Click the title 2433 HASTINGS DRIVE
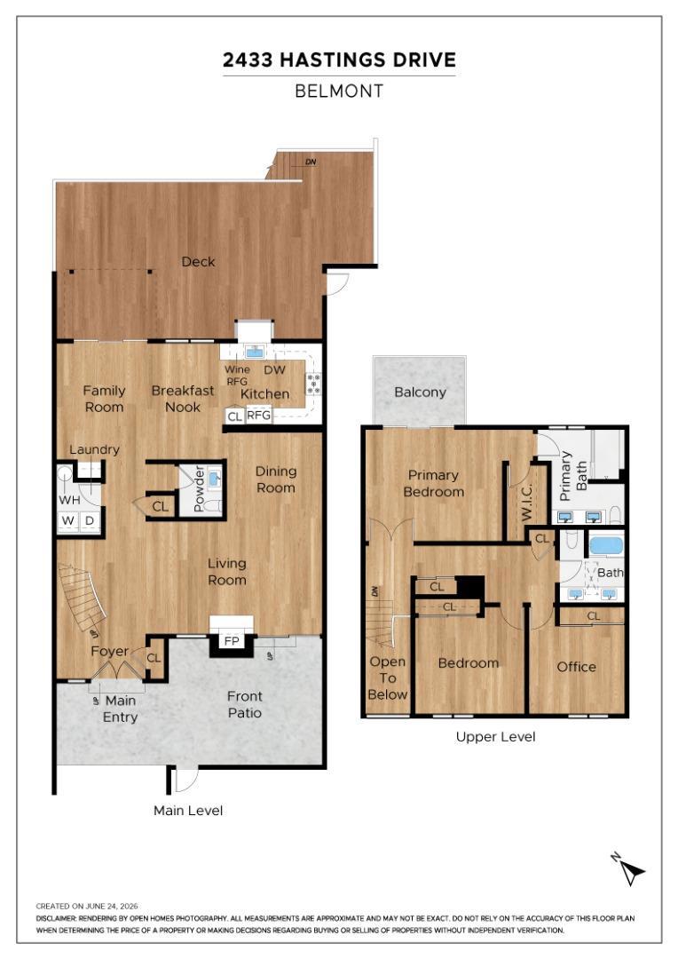click(x=339, y=60)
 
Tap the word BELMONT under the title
click(x=339, y=91)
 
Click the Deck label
click(x=198, y=262)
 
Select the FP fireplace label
click(x=232, y=641)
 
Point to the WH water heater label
click(x=69, y=500)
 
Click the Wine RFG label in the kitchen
click(x=237, y=375)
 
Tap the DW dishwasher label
click(x=275, y=369)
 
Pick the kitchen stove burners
click(x=313, y=384)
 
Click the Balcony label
click(x=420, y=392)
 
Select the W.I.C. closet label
click(x=526, y=502)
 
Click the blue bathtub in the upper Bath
click(x=605, y=545)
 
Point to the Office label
click(x=576, y=667)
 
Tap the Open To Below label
click(x=388, y=678)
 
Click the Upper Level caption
click(x=496, y=737)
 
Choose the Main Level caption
click(x=188, y=811)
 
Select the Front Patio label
click(x=245, y=704)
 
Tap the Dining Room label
click(x=276, y=479)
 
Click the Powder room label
click(x=199, y=488)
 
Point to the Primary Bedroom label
click(x=434, y=483)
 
